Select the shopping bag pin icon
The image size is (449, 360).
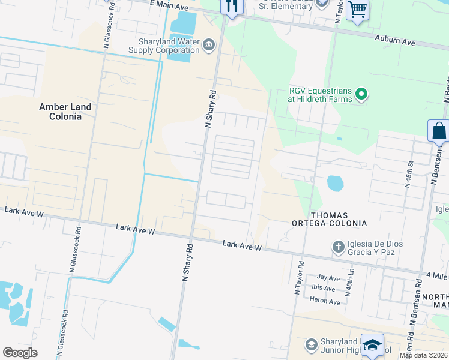[439, 131]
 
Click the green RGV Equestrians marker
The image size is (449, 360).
[361, 94]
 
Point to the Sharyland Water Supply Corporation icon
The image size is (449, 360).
[209, 45]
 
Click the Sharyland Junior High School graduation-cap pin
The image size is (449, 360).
[372, 346]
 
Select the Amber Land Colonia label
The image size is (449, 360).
[65, 112]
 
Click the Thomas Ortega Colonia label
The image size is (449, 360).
[338, 219]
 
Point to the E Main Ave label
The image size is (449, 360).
[169, 5]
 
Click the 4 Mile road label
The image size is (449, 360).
[437, 275]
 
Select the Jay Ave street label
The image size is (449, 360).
[328, 278]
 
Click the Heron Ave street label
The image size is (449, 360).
[326, 301]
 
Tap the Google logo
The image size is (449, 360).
[20, 353]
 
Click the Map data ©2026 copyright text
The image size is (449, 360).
[423, 355]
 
